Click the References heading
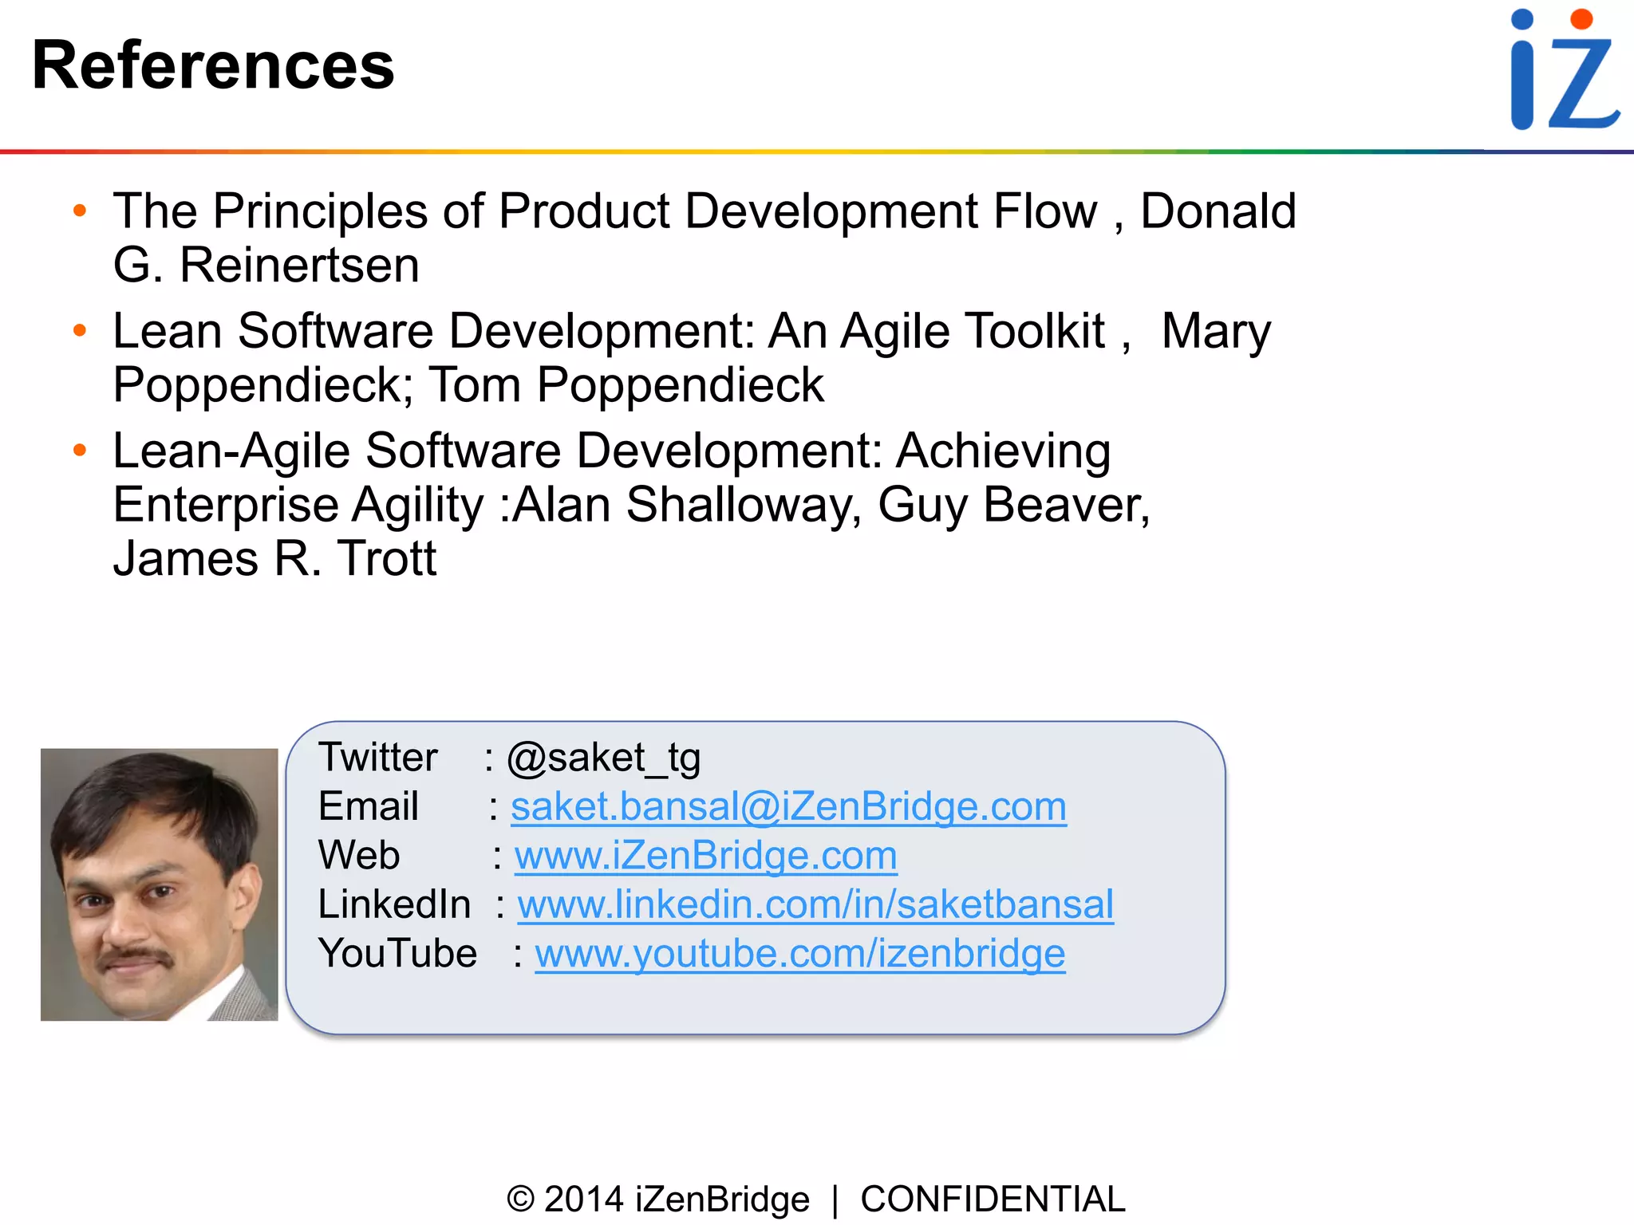[213, 65]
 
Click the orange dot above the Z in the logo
[1581, 19]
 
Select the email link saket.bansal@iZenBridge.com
[788, 806]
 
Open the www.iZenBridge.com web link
[705, 856]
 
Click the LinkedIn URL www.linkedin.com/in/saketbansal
[815, 904]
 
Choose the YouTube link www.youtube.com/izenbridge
[799, 954]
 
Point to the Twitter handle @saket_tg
[603, 758]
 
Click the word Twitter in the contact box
[377, 758]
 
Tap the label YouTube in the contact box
[397, 954]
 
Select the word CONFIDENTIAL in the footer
[993, 1199]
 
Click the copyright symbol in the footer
[520, 1199]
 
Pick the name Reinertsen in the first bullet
[299, 265]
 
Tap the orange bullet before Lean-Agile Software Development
[79, 451]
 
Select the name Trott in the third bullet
[387, 558]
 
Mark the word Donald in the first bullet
[1218, 211]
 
